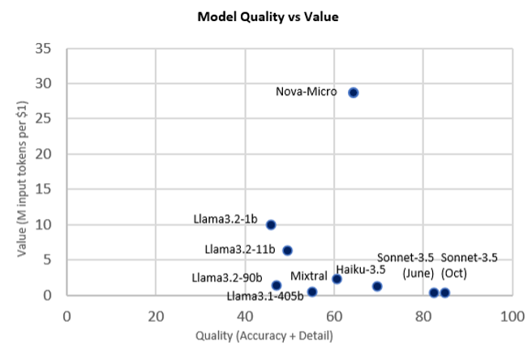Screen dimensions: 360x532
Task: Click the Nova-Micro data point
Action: (353, 92)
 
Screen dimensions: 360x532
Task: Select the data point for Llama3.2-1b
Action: (271, 225)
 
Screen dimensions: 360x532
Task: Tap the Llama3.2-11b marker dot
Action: (287, 251)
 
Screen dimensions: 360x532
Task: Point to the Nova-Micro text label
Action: (307, 92)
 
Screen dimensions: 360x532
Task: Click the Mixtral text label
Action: (308, 276)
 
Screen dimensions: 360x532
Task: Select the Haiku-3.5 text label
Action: (360, 269)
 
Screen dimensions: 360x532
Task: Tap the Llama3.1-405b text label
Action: (265, 295)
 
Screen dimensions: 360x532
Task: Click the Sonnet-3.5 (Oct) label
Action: (469, 265)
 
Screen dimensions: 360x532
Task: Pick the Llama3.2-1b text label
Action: (225, 219)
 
